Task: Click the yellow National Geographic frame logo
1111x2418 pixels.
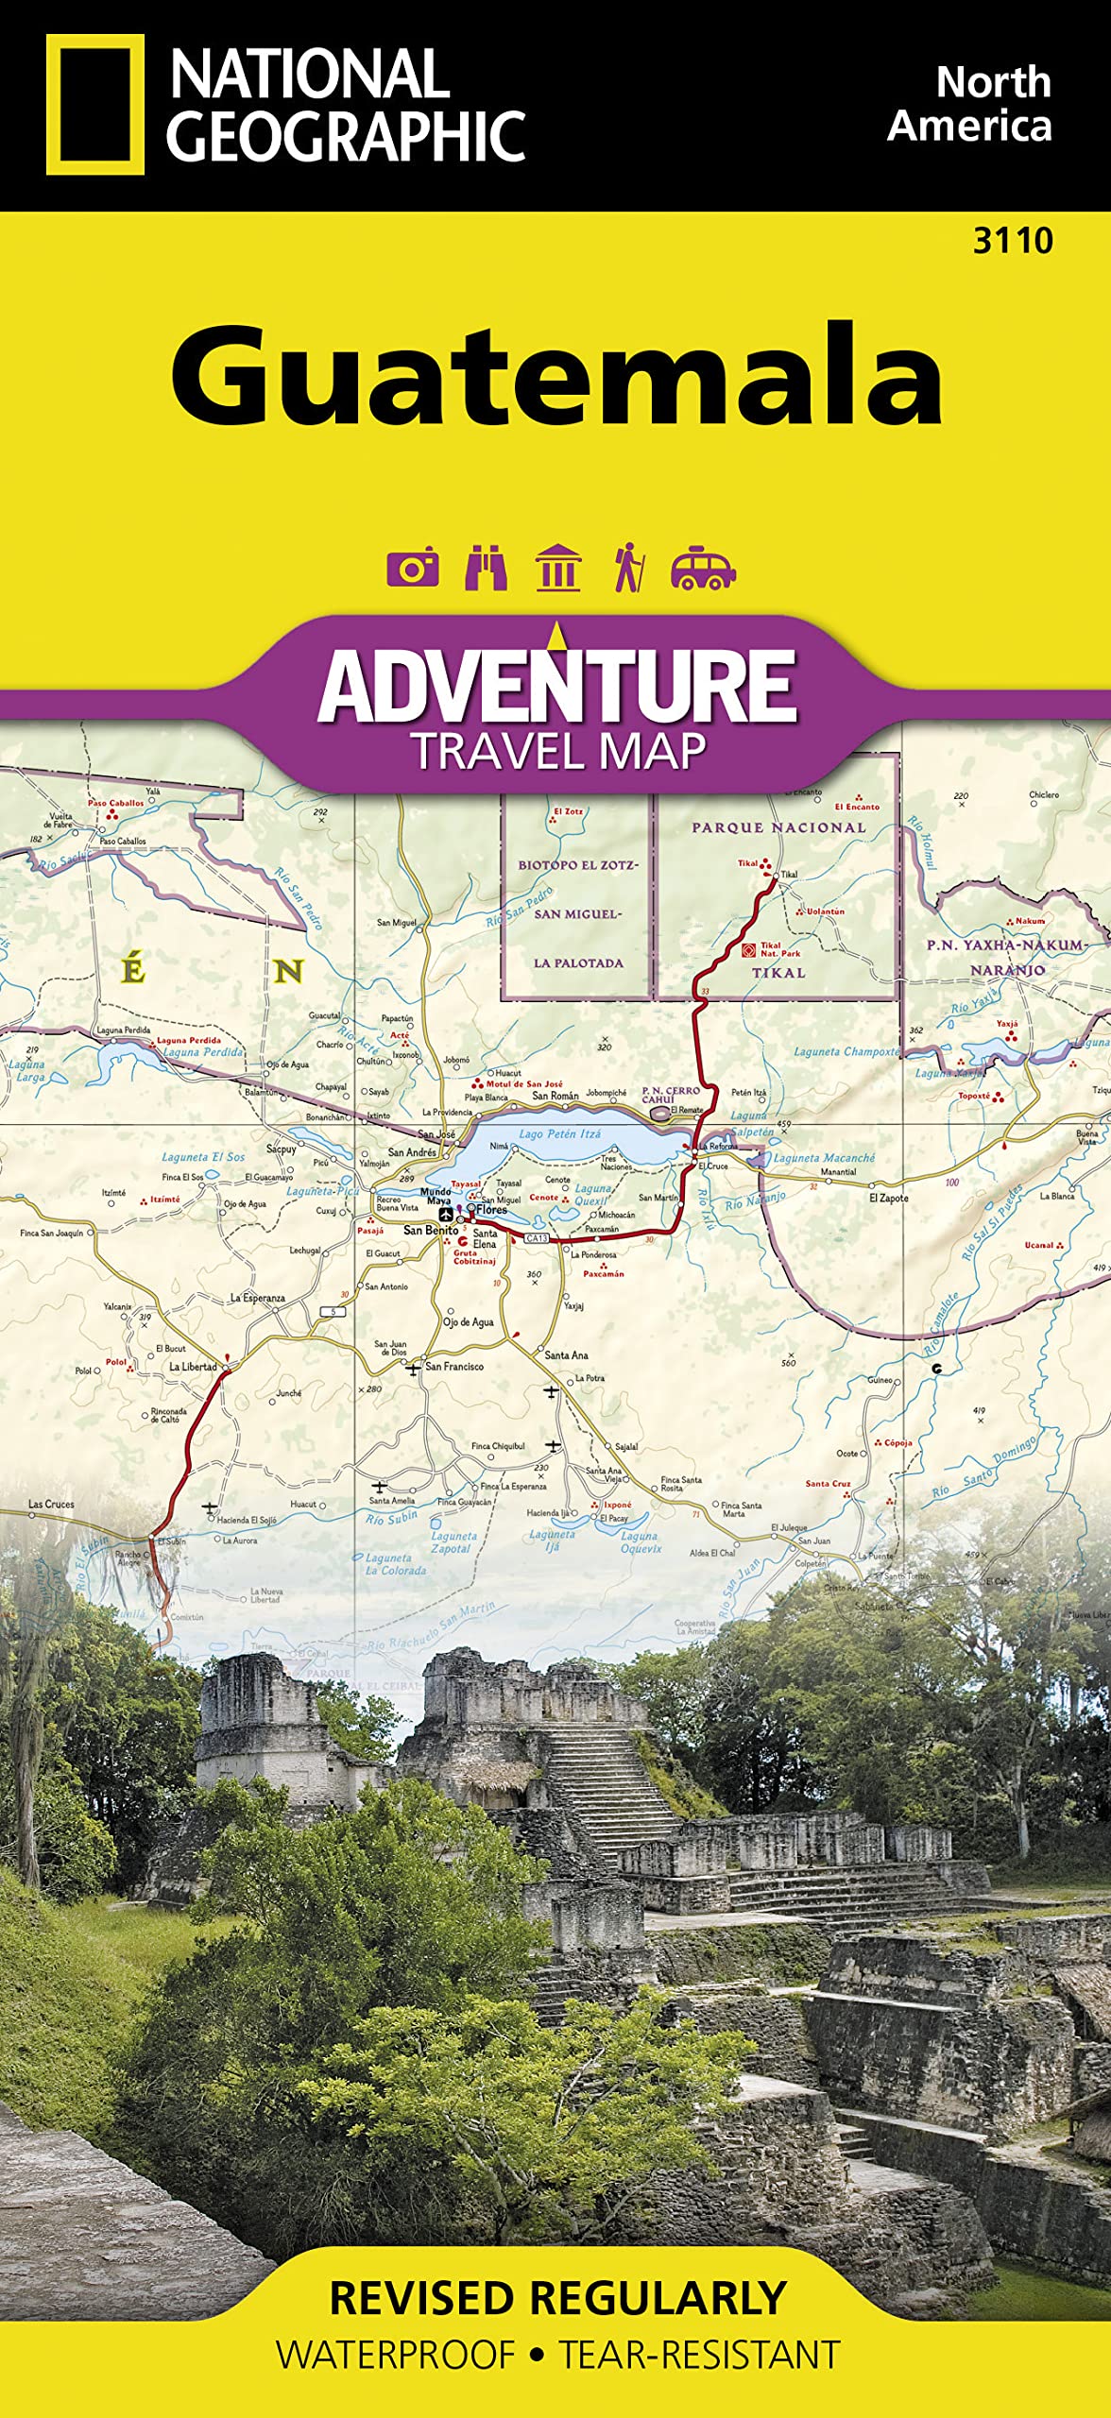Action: coord(94,105)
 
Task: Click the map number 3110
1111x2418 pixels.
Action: coord(1013,241)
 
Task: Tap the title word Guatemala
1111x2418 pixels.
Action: coord(556,376)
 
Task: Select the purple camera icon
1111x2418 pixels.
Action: coord(413,568)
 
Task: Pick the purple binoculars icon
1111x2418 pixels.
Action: coord(486,568)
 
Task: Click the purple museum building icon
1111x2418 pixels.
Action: coord(557,568)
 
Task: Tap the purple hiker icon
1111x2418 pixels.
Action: coord(628,568)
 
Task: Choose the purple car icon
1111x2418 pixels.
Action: coord(703,568)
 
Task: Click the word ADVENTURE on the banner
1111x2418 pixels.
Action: coord(557,686)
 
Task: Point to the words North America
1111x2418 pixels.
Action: coord(970,104)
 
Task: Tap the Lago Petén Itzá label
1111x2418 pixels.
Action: coord(559,1133)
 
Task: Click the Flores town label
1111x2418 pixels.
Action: coord(492,1209)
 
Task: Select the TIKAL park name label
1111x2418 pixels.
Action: coord(778,972)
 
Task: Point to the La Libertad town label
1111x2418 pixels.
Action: coord(193,1367)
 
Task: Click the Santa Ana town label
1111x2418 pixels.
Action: coord(566,1354)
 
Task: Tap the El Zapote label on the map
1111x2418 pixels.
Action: coord(888,1198)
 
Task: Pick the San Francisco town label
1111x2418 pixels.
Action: coord(454,1366)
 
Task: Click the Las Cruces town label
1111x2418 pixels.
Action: coord(51,1504)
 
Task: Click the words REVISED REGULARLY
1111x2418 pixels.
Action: coord(557,2298)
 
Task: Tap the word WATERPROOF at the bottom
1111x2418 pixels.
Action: coord(396,2355)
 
